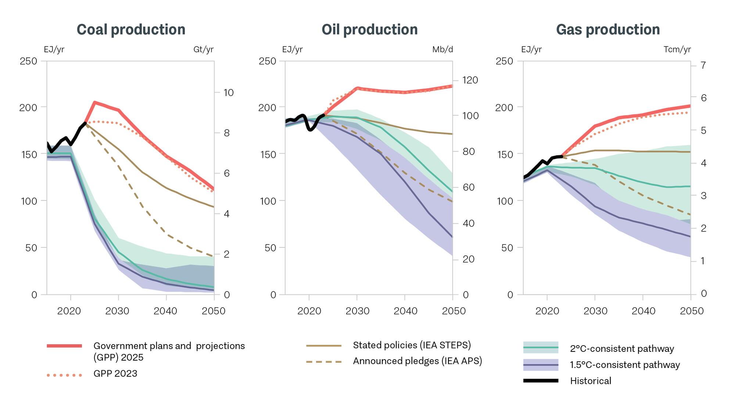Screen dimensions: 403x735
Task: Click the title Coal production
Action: [131, 29]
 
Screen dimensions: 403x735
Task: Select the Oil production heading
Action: [369, 29]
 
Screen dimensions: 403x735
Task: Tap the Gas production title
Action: [608, 29]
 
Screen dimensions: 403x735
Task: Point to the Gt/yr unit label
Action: [203, 49]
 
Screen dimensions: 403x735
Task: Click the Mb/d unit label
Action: [442, 49]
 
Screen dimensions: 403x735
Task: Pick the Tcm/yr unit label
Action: [677, 49]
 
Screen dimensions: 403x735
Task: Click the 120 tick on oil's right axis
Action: [470, 80]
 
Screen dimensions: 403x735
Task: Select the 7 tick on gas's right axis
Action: [703, 65]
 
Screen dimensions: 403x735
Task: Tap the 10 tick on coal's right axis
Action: [229, 92]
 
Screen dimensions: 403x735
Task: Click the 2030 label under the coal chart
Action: [117, 311]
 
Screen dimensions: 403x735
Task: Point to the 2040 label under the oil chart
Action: [405, 311]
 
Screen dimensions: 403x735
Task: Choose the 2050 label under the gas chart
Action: [691, 311]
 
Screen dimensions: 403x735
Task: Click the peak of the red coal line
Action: [94, 102]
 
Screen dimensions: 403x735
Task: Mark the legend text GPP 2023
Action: [115, 374]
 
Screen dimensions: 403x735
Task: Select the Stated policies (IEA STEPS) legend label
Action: [412, 345]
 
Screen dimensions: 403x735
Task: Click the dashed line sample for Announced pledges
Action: [323, 362]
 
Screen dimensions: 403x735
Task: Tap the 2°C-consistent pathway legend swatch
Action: [540, 347]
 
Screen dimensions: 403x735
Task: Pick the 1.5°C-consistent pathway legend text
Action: [625, 365]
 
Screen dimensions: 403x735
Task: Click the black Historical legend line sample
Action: [540, 381]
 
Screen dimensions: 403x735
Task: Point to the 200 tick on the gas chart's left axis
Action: [503, 107]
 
